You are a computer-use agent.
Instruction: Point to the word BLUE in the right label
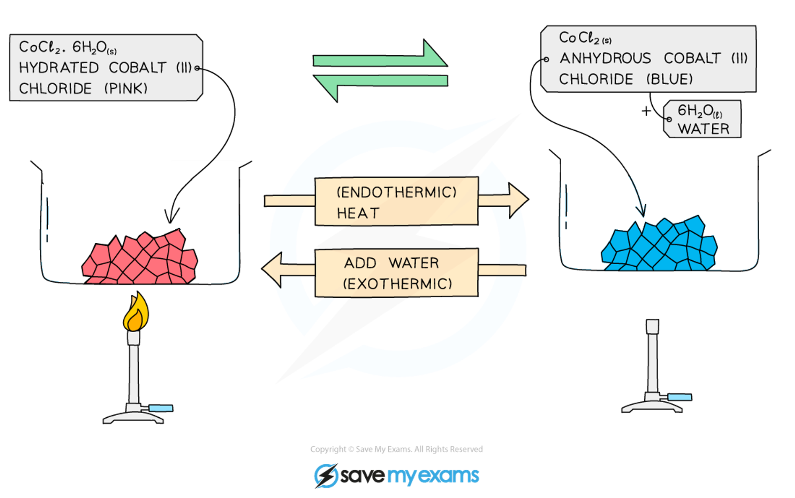(669, 79)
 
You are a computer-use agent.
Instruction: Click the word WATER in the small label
(703, 129)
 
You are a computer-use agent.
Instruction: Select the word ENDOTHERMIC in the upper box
(396, 192)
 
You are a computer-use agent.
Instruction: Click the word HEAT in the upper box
(358, 213)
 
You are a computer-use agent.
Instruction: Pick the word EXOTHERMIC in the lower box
(397, 284)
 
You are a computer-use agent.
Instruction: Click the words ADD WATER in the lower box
(392, 263)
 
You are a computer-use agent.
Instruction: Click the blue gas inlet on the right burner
(680, 397)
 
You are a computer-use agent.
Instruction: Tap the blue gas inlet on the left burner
(161, 408)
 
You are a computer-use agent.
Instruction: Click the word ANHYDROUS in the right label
(605, 58)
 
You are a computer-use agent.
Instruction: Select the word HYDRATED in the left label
(59, 68)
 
